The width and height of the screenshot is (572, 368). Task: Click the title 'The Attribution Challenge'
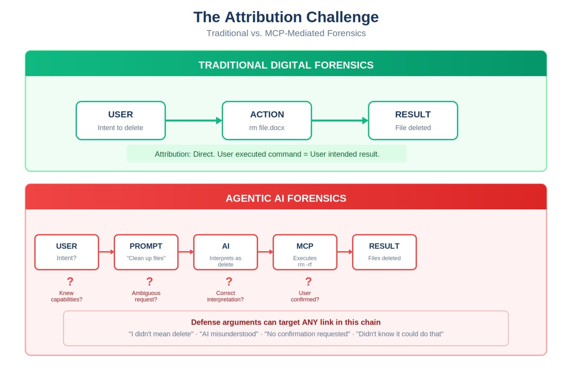286,17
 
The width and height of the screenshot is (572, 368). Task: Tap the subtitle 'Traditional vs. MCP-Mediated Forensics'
286,33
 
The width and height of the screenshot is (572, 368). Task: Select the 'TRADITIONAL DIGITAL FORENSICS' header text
286,65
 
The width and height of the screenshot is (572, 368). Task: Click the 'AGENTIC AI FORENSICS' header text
286,198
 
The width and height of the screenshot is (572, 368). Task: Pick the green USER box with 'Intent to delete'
120,121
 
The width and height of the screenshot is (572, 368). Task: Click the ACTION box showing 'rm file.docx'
267,121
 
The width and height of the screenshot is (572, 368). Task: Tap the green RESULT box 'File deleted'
413,121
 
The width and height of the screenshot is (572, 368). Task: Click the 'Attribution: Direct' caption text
267,154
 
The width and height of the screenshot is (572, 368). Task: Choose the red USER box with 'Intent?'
67,252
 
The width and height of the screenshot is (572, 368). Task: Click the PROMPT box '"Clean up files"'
146,252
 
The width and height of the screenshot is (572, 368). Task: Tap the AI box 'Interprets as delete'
226,252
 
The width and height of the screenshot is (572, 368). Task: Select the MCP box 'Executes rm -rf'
305,252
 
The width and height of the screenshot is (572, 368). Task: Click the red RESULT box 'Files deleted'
384,252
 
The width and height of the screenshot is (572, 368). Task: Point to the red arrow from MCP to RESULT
345,252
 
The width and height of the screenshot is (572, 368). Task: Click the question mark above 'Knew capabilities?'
70,282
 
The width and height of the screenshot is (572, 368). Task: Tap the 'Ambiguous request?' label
146,296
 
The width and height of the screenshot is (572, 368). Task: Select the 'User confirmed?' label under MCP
305,296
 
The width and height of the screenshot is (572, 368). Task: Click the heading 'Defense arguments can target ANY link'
286,322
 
